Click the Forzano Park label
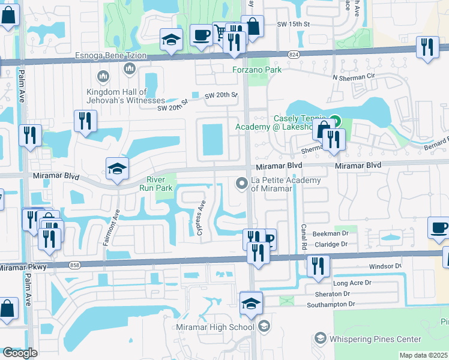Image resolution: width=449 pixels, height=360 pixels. click(257, 70)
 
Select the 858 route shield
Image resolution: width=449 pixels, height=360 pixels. click(74, 264)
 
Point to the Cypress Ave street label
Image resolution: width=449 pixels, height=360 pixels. click(202, 213)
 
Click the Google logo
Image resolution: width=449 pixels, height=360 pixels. click(20, 353)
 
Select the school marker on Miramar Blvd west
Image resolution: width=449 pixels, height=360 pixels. click(118, 169)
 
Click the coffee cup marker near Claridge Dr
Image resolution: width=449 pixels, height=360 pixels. click(438, 227)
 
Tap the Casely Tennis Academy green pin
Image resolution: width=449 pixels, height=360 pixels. click(336, 121)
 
